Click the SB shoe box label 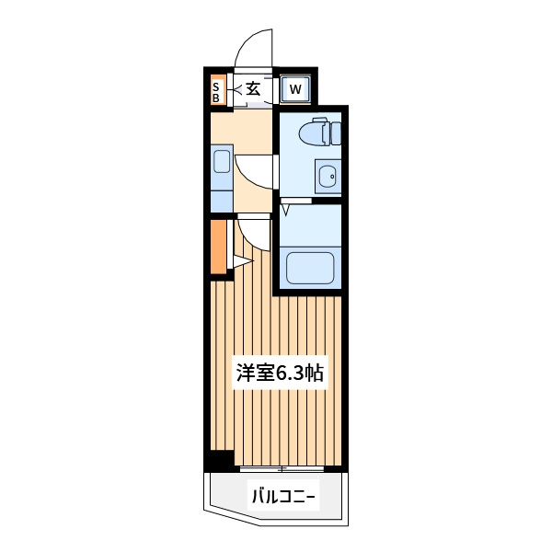tap(216, 92)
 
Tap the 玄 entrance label tap(253, 88)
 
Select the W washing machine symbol tap(295, 89)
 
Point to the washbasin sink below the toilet tap(328, 177)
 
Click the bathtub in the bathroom tap(310, 268)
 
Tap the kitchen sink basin tap(222, 161)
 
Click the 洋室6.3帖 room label tap(280, 373)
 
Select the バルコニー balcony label tap(283, 497)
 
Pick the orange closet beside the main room tap(219, 247)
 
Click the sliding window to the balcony tap(282, 468)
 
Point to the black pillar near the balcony tap(220, 461)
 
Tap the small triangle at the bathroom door tap(285, 210)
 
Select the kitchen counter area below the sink tap(222, 201)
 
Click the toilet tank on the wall tap(336, 133)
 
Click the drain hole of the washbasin tap(332, 177)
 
